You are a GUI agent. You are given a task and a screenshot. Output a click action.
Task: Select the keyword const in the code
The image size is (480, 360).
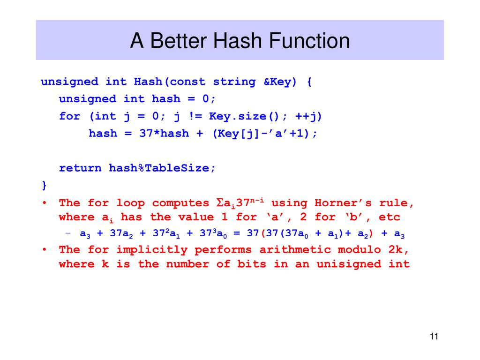[187, 82]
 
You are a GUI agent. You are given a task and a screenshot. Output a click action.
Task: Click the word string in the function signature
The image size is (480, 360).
[234, 82]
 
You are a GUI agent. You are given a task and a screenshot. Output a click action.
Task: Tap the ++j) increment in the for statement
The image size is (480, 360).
[308, 116]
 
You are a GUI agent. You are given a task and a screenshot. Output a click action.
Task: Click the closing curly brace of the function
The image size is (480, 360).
[44, 185]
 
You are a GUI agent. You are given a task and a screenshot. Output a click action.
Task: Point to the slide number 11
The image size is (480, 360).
[433, 336]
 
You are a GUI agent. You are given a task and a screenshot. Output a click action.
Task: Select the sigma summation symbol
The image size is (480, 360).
[219, 203]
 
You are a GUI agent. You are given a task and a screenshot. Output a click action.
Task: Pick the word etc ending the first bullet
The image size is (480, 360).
[390, 217]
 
